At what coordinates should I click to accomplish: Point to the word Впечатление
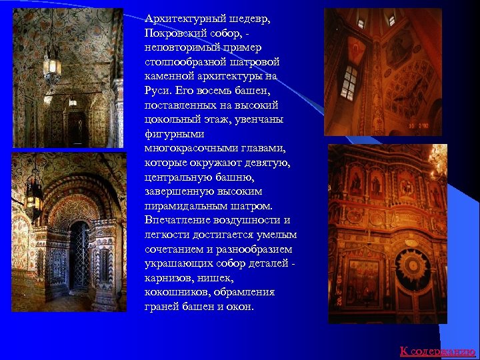click(x=177, y=220)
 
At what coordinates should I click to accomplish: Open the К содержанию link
click(x=437, y=351)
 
